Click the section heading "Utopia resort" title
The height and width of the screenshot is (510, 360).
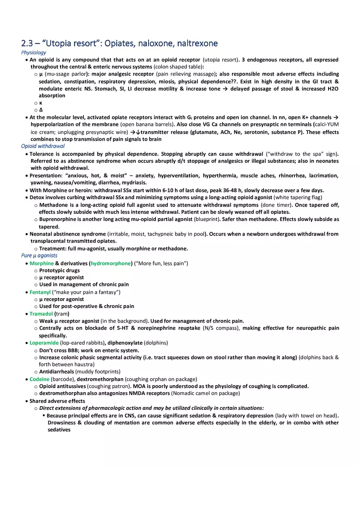119,43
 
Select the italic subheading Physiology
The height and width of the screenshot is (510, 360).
34,52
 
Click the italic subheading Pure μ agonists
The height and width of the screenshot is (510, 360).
39,256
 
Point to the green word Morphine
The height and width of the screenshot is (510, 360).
41,263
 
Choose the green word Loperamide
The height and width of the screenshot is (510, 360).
44,343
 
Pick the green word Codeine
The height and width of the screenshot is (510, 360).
39,379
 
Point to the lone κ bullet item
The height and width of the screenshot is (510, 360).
40,103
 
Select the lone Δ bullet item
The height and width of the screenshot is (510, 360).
41,110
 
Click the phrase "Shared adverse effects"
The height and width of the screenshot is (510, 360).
57,401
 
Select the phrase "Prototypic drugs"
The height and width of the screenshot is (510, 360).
59,271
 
